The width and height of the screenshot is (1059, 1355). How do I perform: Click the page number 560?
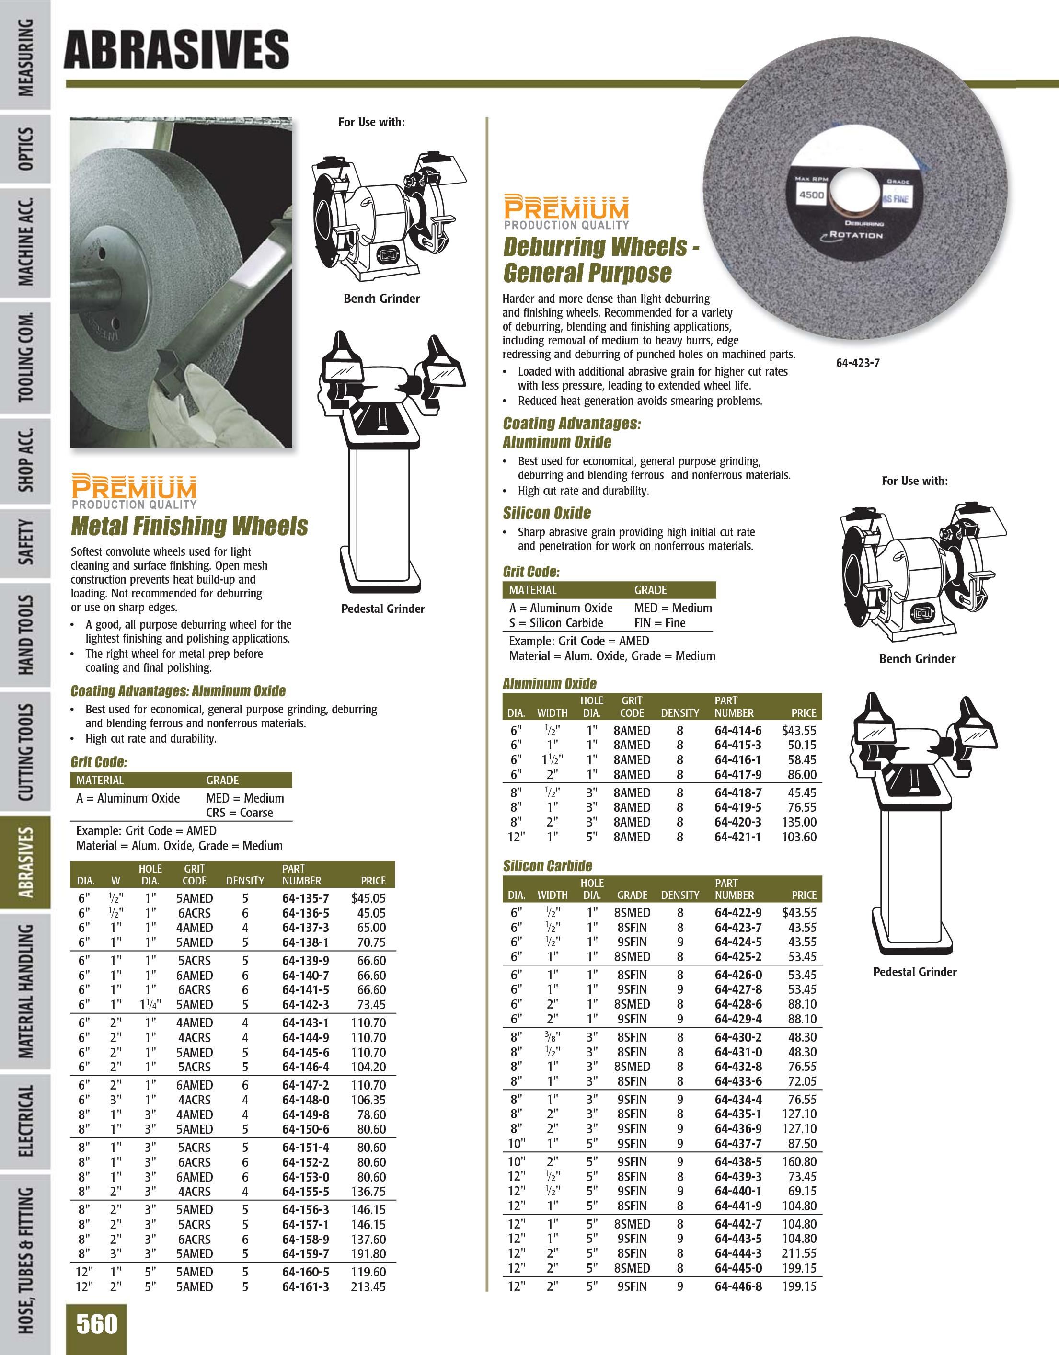pyautogui.click(x=97, y=1323)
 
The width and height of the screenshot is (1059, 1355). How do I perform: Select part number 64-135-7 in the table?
pyautogui.click(x=305, y=898)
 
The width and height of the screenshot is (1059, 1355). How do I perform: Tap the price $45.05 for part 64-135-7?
pyautogui.click(x=368, y=898)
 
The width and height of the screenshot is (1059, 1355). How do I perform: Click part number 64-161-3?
pyautogui.click(x=305, y=1287)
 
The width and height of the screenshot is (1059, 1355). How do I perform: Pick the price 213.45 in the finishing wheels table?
pyautogui.click(x=368, y=1287)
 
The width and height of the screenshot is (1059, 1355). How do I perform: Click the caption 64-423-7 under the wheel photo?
pyautogui.click(x=857, y=363)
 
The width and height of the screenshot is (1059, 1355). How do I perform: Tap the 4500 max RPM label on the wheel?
pyautogui.click(x=811, y=195)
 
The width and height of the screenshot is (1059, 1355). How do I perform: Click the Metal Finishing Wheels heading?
pyautogui.click(x=189, y=526)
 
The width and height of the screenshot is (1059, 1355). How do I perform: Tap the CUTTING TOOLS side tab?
pyautogui.click(x=25, y=752)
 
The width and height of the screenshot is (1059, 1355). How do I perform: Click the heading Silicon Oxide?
pyautogui.click(x=547, y=513)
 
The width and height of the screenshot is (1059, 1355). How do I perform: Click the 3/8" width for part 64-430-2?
pyautogui.click(x=552, y=1037)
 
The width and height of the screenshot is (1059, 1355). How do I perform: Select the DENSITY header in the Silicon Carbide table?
pyautogui.click(x=680, y=895)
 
